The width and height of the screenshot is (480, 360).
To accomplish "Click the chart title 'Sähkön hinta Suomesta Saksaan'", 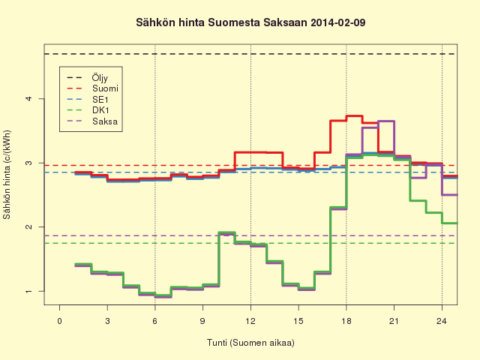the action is tap(222, 23).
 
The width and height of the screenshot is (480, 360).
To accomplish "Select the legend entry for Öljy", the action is tap(87, 78).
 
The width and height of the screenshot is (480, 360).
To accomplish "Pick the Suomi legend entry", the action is tap(92, 88).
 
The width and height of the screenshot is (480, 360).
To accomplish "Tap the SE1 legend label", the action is tap(88, 100).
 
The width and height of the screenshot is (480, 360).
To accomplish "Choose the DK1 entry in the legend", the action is tap(88, 110).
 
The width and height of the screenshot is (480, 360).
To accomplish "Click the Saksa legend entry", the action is tap(92, 121).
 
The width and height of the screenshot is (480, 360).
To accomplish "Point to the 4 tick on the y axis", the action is tap(29, 98).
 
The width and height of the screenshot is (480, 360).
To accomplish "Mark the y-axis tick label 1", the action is tap(29, 291).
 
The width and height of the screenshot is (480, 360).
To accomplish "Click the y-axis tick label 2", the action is tap(29, 226).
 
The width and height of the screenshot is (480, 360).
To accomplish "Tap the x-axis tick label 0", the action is tap(59, 321).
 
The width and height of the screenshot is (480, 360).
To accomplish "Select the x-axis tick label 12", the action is tap(250, 321).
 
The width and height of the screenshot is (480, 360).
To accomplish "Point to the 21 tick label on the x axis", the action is tap(394, 321).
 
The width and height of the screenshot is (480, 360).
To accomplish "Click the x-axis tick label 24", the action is tap(442, 321).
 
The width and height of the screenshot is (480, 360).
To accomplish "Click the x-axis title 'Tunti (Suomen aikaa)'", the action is tap(250, 343).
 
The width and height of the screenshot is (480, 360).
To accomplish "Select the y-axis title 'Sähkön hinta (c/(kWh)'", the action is tap(7, 175).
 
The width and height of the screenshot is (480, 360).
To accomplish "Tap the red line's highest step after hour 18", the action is tap(354, 115).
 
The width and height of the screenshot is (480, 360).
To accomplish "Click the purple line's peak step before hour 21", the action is tap(386, 121).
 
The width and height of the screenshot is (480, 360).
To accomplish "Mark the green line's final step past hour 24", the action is tap(450, 223).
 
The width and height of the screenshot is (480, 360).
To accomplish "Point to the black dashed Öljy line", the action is tap(250, 54).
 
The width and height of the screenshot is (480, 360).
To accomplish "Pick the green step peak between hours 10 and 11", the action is tap(226, 232).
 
